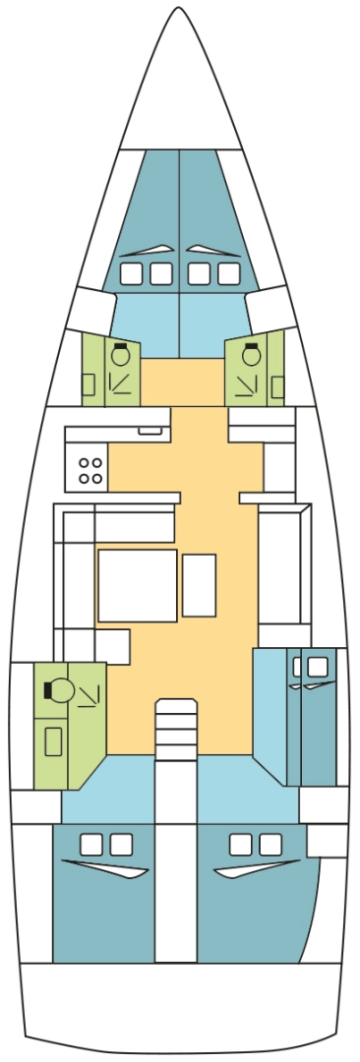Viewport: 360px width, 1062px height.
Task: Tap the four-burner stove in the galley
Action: coord(90,470)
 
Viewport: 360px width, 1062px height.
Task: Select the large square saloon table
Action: coord(137,585)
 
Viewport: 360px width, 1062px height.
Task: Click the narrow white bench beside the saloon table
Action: coord(199,585)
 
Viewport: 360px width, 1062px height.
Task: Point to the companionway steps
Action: coord(176,729)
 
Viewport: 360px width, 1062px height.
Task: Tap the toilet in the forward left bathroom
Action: coord(120,355)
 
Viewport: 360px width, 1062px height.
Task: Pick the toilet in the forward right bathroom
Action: coord(252,355)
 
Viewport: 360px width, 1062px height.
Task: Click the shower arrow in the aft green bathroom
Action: coord(90,696)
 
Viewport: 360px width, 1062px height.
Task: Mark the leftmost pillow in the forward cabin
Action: coord(131,272)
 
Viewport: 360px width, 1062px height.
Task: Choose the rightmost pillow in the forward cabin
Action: coord(228,272)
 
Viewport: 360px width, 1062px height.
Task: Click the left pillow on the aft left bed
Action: coord(91,844)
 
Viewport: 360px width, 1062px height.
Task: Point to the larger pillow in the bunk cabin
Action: coord(317,667)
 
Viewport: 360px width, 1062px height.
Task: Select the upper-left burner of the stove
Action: coord(85,463)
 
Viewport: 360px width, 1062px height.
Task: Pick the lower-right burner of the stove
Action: coord(97,478)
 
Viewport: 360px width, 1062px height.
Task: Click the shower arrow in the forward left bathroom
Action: coord(121,381)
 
